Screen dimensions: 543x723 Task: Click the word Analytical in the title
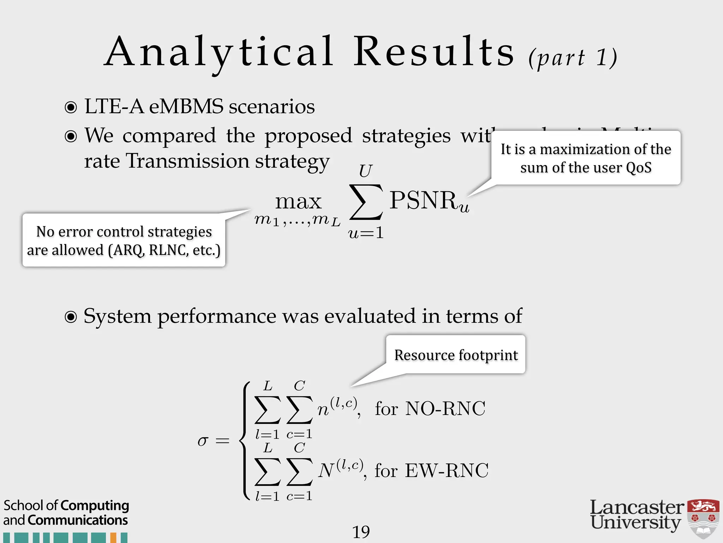coord(219,52)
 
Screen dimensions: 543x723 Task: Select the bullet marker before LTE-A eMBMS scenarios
coord(71,107)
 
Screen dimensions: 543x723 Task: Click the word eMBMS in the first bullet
coord(186,106)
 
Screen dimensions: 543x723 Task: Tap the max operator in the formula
coord(298,202)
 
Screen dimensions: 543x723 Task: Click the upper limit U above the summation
coord(365,171)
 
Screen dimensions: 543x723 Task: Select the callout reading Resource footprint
coord(456,355)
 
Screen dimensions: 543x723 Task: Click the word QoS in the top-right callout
coord(638,168)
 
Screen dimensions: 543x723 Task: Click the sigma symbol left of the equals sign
coord(203,441)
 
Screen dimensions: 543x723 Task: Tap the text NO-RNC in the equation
coord(446,409)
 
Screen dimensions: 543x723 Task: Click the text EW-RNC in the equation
coord(447,471)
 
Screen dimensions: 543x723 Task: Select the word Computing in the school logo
coord(95,506)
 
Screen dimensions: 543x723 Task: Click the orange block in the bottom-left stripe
coord(113,538)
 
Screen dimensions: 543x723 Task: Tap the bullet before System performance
coord(71,317)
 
